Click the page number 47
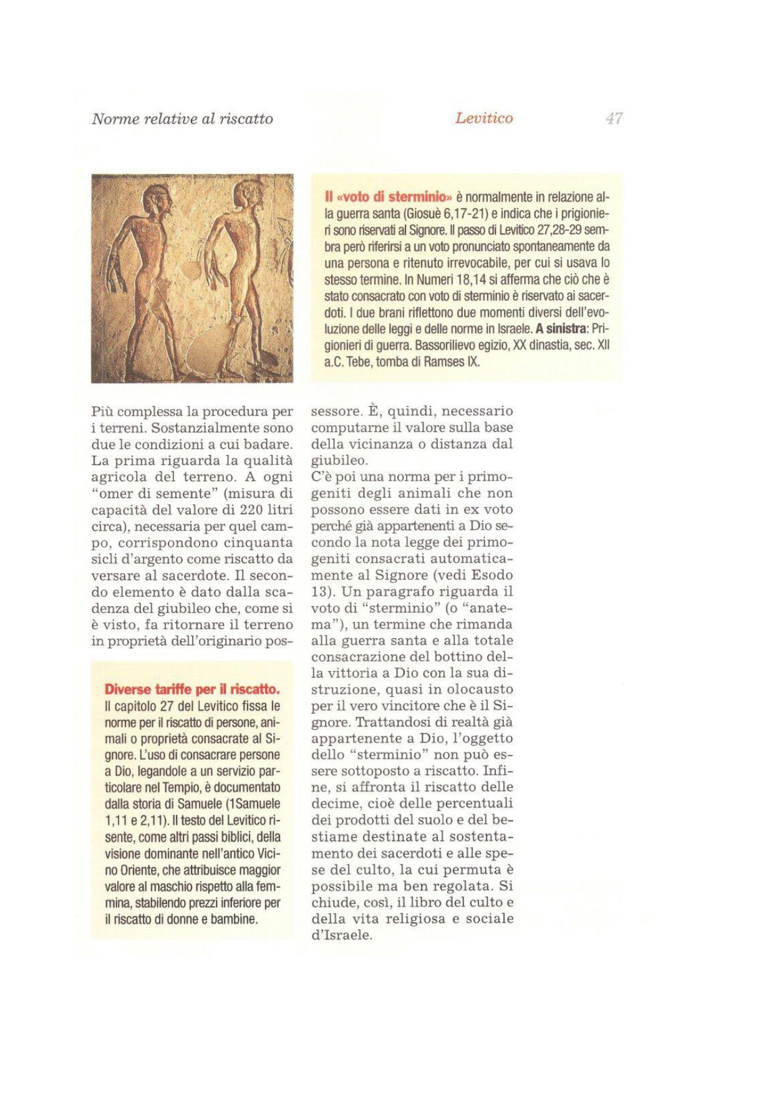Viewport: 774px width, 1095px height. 614,118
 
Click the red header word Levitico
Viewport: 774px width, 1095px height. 484,118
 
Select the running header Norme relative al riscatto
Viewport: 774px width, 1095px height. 182,119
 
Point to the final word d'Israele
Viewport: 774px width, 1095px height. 341,935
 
